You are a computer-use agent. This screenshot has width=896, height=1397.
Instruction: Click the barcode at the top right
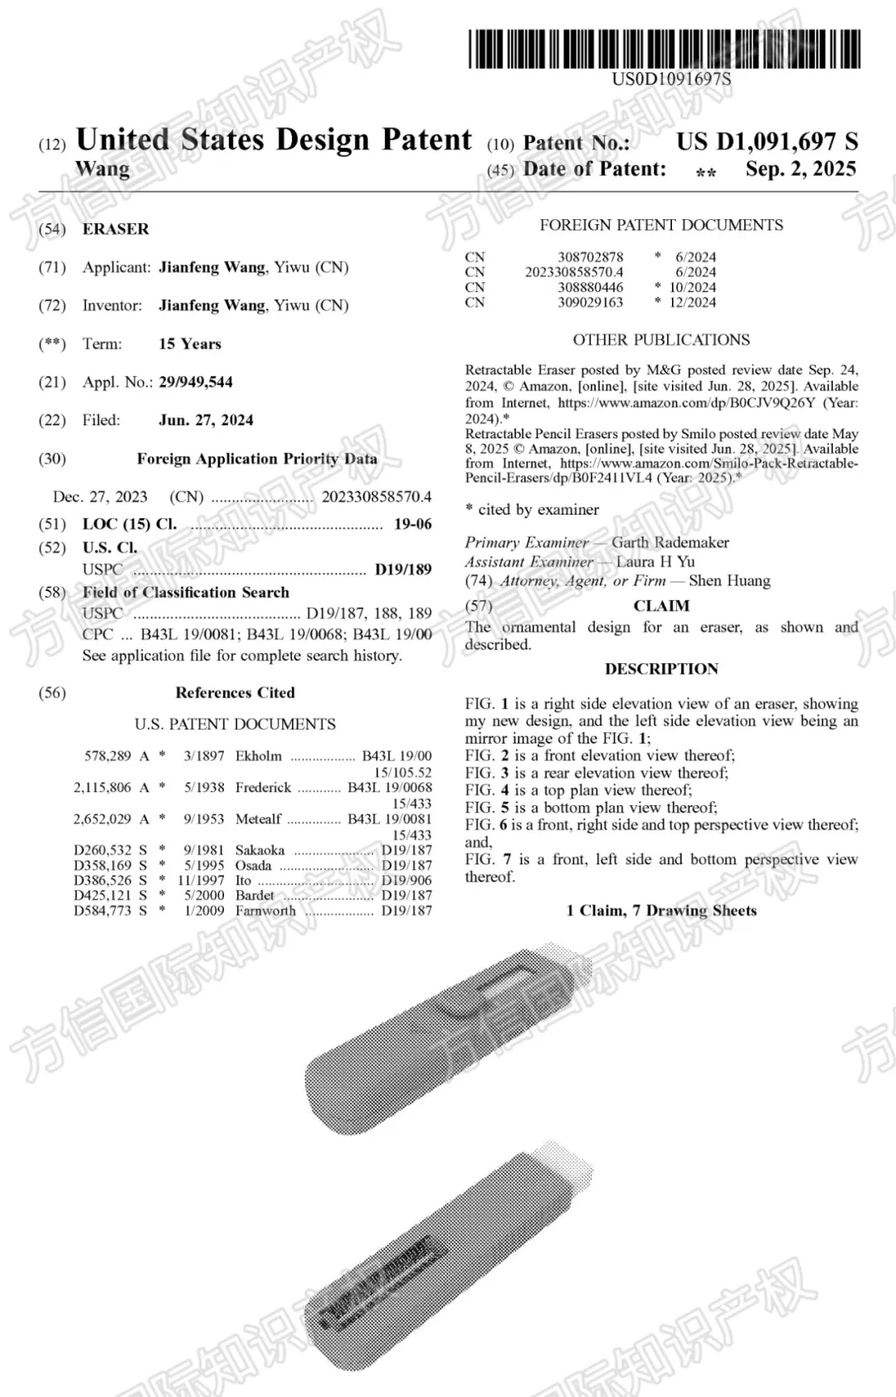[664, 48]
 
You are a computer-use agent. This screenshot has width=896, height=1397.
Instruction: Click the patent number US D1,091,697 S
[767, 142]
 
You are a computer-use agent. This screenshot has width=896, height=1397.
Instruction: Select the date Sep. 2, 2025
[801, 169]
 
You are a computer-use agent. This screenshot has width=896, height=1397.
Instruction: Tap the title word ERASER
[115, 229]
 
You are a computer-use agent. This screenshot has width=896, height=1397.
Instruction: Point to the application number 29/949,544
[196, 382]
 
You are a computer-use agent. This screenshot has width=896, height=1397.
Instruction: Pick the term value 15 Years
[190, 344]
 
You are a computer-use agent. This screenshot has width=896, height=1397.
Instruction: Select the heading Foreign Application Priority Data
[257, 458]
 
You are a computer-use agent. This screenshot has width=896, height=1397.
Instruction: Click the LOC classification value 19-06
[412, 524]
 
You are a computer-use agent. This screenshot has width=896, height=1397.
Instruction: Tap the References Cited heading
[235, 692]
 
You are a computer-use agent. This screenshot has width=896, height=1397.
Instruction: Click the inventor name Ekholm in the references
[258, 756]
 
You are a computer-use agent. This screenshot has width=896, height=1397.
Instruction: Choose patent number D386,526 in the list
[103, 880]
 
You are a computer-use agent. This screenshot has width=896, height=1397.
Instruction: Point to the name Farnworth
[265, 911]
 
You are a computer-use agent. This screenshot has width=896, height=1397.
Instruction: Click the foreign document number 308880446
[590, 287]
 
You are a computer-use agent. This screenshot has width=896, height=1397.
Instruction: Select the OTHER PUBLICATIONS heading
[661, 339]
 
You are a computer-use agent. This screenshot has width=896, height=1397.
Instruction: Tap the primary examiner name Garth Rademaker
[670, 542]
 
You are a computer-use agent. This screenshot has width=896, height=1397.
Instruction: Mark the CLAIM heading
[661, 606]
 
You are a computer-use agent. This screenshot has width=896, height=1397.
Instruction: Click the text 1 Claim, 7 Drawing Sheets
[661, 911]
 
